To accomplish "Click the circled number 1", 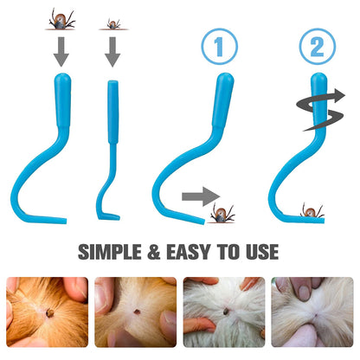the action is pos(219,46).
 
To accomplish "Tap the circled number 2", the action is pos(318,46).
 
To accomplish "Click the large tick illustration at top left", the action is pos(61,20).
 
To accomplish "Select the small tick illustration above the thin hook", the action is pos(113,23).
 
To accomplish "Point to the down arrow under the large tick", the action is pos(61,52).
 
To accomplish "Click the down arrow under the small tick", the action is pos(112,52).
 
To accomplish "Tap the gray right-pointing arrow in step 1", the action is pos(201,196).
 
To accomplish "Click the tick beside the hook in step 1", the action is pos(222,213).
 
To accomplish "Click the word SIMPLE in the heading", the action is pos(110,252).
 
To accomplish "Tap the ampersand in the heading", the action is pos(154,252).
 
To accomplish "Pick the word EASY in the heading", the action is pos(189,252).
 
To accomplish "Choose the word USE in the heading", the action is pos(262,252).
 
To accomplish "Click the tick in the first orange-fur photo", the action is pos(50,313).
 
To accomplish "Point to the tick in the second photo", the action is pos(137,312).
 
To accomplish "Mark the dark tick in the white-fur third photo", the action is pos(226,312).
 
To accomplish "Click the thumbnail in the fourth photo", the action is pos(304,293).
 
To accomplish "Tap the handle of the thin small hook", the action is pos(113,112).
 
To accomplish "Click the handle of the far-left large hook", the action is pos(62,100).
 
